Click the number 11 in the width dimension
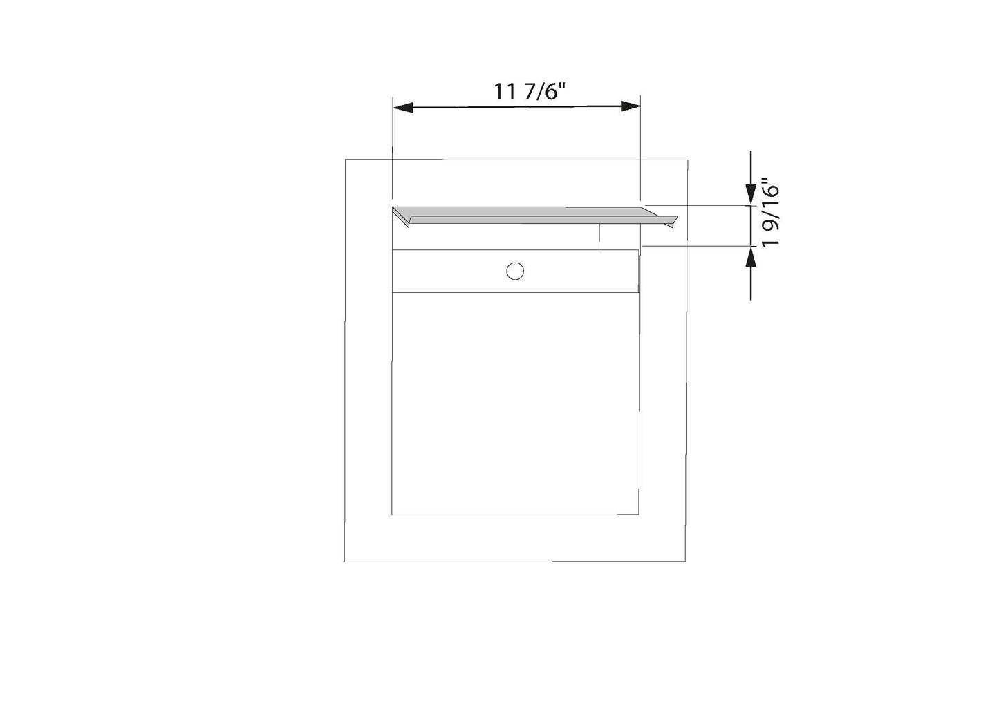coord(504,92)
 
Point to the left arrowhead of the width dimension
coord(403,107)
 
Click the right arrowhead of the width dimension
coord(631,106)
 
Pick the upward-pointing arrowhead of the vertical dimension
coord(751,256)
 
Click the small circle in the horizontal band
coord(515,271)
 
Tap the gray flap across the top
coord(534,216)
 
